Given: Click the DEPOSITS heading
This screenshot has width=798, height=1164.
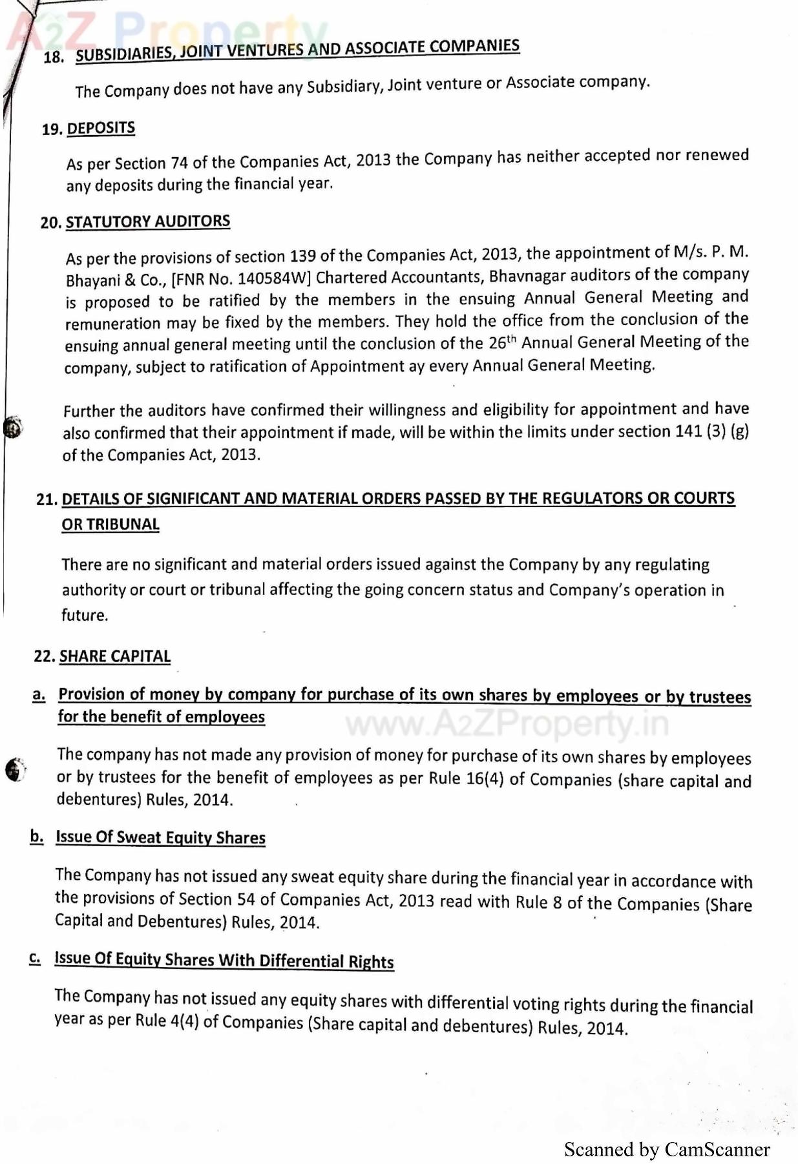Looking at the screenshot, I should click(101, 128).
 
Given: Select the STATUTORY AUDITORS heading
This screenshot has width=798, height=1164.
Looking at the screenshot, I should click(147, 222).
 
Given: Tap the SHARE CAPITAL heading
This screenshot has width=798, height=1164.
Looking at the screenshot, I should click(114, 656).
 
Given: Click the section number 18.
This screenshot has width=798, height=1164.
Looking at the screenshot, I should click(54, 57).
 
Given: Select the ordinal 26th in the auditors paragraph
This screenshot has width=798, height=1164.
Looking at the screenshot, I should click(503, 342).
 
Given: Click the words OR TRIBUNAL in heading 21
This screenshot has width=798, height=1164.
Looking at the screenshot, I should click(110, 525).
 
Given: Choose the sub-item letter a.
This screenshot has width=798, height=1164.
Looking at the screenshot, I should click(39, 694).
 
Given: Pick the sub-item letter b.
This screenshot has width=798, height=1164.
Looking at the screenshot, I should click(37, 837).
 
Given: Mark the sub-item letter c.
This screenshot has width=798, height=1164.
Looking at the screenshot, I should click(35, 958).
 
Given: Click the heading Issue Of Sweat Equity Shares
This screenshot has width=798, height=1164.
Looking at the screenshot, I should click(160, 837).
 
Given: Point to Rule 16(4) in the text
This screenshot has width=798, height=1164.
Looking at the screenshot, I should click(466, 778).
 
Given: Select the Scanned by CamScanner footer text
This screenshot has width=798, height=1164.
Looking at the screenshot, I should click(667, 1150).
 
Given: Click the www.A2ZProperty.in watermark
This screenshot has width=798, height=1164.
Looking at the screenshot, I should click(507, 724).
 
